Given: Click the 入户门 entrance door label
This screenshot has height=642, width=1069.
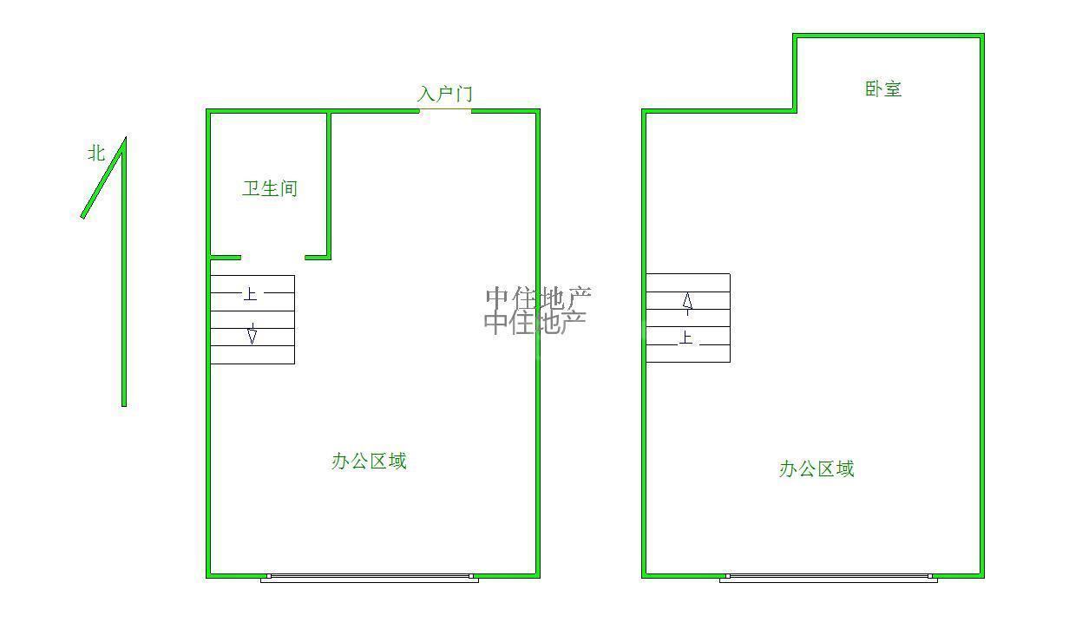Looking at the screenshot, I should [445, 94].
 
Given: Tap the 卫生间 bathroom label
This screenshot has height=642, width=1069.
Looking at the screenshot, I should [270, 188].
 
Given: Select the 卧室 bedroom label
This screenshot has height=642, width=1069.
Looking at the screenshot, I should [883, 88].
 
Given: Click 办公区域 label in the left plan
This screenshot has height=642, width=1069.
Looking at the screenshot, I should [369, 462].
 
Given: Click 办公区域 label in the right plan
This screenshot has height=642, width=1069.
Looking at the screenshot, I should [817, 469].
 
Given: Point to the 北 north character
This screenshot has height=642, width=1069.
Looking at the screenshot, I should [95, 153].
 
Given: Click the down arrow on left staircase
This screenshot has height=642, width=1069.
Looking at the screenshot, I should [252, 335].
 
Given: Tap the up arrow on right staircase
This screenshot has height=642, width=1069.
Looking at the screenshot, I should [687, 302].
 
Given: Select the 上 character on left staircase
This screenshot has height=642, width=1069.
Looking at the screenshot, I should [250, 294].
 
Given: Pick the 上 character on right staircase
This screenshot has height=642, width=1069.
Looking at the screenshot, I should [686, 337].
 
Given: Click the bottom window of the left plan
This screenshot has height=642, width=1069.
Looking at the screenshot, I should [370, 577].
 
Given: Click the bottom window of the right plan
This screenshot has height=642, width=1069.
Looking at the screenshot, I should [828, 577].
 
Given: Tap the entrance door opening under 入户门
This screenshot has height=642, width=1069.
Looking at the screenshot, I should [446, 110].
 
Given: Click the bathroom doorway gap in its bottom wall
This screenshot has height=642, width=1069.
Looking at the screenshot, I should [272, 257].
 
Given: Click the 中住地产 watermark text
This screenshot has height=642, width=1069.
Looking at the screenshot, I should [536, 310].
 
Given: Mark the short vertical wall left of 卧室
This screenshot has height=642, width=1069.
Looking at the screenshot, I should [795, 73].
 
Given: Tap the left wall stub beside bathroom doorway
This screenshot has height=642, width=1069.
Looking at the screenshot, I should [226, 257].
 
